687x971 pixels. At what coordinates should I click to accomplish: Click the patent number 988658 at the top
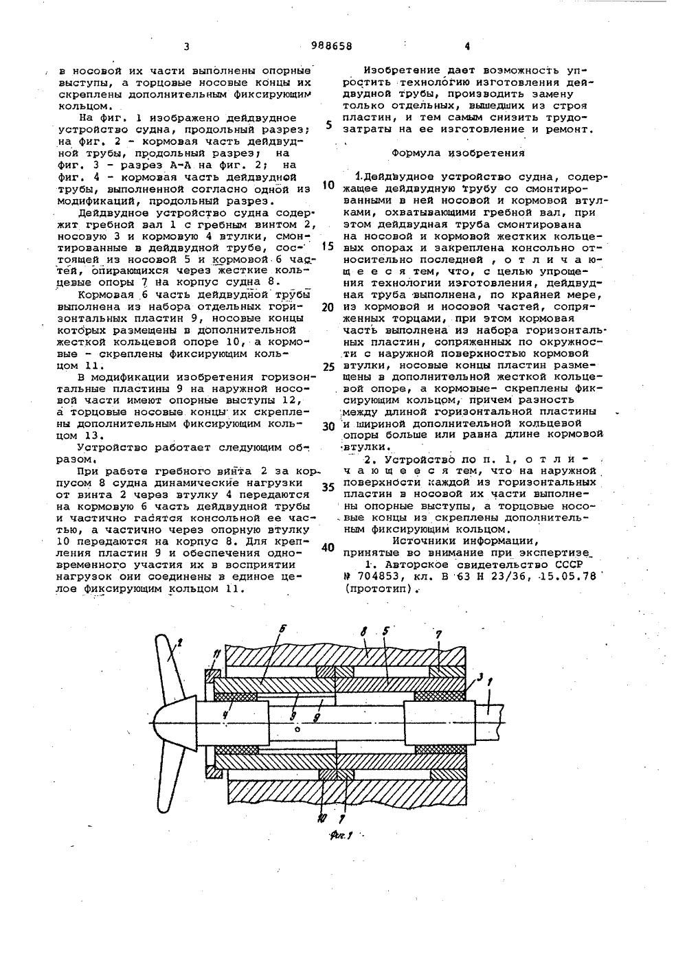[x=333, y=46]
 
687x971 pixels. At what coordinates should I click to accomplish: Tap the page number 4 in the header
[x=467, y=47]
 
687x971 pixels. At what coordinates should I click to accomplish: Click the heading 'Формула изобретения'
[x=458, y=153]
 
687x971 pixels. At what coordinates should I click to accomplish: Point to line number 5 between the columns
[x=329, y=126]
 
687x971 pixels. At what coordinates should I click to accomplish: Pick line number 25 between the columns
[x=328, y=367]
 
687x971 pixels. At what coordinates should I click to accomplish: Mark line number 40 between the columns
[x=328, y=548]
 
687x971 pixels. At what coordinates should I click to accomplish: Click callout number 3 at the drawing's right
[x=480, y=677]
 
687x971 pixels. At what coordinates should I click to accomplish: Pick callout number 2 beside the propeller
[x=180, y=643]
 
